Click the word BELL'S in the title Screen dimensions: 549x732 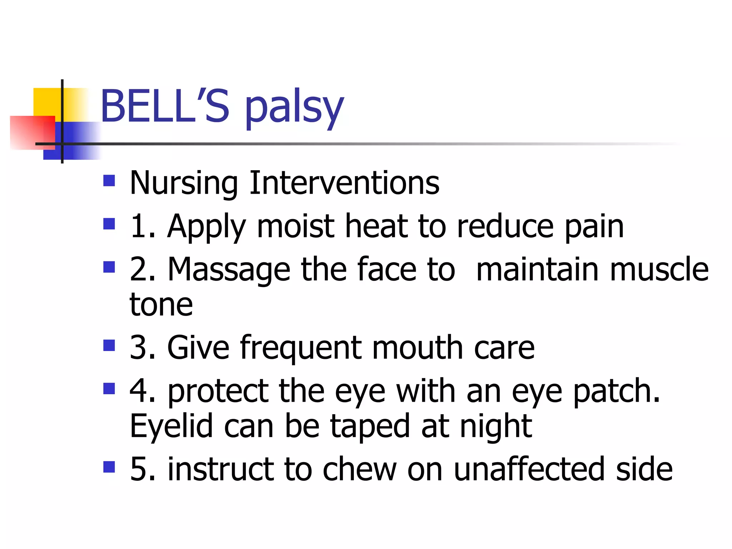point(164,106)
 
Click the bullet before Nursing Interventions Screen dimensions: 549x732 point(109,180)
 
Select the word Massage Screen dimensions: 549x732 point(229,270)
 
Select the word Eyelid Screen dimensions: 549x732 point(171,426)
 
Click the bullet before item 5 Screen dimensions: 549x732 point(109,467)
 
